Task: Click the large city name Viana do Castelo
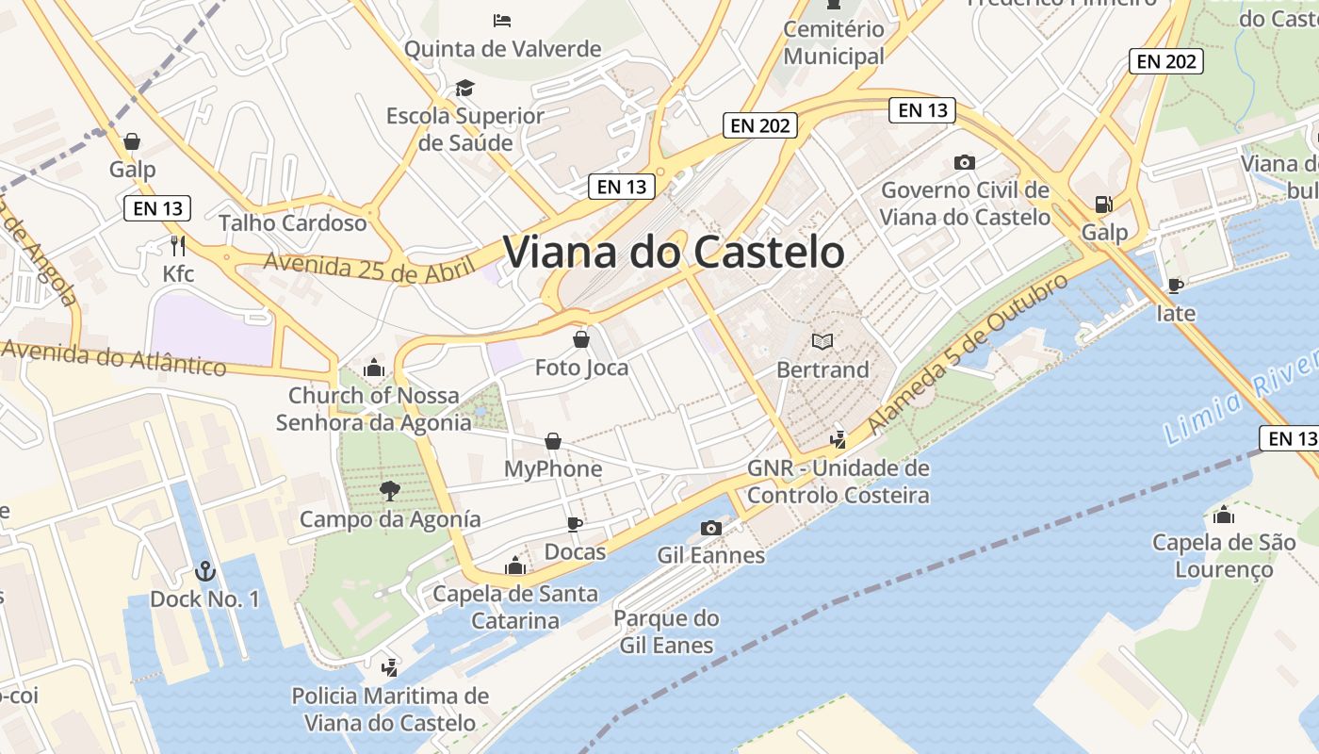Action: click(x=674, y=253)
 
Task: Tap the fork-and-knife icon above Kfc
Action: click(x=178, y=246)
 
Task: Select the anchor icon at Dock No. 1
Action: click(x=204, y=571)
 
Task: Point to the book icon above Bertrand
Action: click(x=822, y=341)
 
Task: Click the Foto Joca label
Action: click(x=581, y=368)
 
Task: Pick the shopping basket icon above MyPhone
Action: click(x=553, y=441)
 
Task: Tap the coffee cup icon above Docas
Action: click(x=575, y=524)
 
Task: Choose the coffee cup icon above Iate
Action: click(x=1175, y=285)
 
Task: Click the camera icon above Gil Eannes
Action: click(x=711, y=528)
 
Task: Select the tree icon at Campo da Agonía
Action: click(x=389, y=490)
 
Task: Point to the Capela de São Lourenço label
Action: click(x=1223, y=556)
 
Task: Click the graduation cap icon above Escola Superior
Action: click(x=464, y=89)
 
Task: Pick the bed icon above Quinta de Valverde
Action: click(x=502, y=20)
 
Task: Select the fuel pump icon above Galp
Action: click(x=1103, y=204)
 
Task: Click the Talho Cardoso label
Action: click(x=292, y=223)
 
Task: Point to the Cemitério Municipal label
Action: click(x=834, y=42)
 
